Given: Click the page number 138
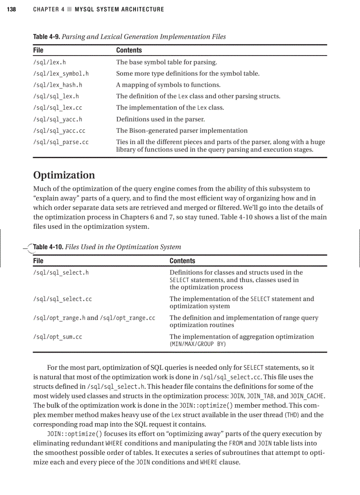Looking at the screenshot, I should tap(11, 9).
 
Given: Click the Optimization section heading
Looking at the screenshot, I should tap(64, 175).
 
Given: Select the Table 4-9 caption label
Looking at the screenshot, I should tap(46, 37).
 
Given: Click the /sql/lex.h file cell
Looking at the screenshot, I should tap(49, 62).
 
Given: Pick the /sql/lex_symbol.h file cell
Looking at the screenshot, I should tap(61, 74).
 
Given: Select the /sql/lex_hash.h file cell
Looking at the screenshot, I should tap(58, 85).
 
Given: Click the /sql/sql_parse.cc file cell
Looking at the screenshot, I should tap(61, 142).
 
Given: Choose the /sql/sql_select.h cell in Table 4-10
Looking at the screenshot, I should tap(61, 272).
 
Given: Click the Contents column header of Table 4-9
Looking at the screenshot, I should tap(129, 50).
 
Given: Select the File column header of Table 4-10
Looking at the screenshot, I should tap(38, 261).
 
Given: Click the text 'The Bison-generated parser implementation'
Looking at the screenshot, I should tap(182, 131).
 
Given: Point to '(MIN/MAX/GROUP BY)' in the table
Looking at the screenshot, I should tap(198, 344).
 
